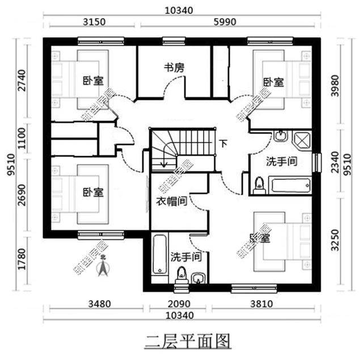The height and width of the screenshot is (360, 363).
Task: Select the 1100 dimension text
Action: pos(22,138)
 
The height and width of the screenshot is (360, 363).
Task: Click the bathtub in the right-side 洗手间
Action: pos(289,185)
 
